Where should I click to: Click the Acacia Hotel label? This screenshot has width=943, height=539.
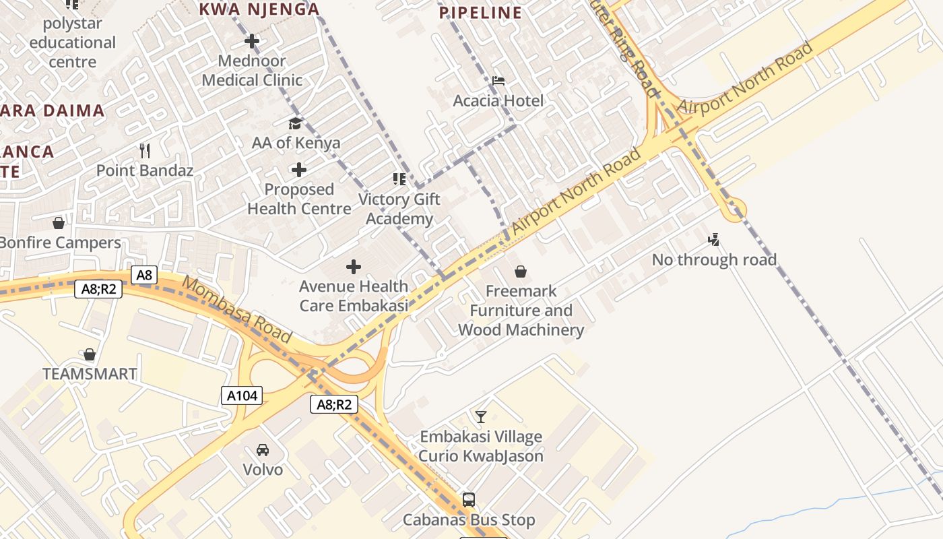tap(498, 101)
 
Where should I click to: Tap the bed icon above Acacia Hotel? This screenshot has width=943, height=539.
tap(498, 81)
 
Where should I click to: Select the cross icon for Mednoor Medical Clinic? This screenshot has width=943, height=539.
tap(252, 41)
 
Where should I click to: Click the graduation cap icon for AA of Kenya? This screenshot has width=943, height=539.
tap(295, 123)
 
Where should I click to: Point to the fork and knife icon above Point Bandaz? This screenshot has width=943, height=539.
tap(144, 150)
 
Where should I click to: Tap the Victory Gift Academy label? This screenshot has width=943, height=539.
tap(399, 209)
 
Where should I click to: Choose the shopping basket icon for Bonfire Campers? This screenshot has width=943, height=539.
tap(59, 223)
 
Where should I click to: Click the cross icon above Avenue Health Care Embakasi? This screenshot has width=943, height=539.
tap(354, 267)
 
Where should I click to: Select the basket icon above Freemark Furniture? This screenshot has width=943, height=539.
tap(521, 272)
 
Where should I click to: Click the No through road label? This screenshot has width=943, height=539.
tap(714, 260)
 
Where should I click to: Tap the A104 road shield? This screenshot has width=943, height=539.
tap(242, 395)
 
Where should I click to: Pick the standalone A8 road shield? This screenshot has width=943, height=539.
tap(144, 275)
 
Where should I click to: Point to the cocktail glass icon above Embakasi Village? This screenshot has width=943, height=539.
tap(480, 417)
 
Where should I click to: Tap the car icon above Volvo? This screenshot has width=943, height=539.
tap(263, 449)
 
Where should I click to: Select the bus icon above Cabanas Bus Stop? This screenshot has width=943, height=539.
tap(469, 500)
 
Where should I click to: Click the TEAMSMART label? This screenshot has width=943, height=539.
tap(90, 374)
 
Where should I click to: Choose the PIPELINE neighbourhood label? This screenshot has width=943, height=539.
tap(480, 13)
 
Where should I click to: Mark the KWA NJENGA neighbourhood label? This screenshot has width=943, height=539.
tap(259, 9)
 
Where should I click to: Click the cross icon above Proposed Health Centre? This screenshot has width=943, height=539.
tap(299, 170)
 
